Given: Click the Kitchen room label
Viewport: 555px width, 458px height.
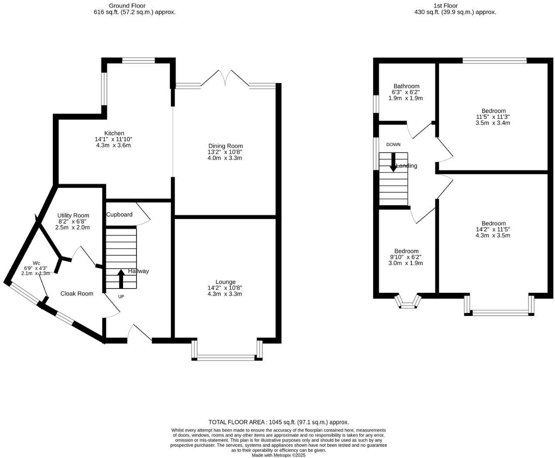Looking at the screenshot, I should coord(114,133).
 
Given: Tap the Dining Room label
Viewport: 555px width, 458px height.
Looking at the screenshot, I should coord(225,146).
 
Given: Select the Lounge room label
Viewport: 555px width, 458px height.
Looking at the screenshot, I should coord(225,282).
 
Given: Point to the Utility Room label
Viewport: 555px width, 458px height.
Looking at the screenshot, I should coord(73,215).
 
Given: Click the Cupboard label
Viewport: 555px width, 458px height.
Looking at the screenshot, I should coord(119,215).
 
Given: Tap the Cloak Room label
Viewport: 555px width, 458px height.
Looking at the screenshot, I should coord(77,294).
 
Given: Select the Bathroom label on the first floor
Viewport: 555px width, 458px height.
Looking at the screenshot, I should coord(406,87).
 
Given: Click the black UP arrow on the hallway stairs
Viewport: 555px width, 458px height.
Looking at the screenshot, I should coord(121,279).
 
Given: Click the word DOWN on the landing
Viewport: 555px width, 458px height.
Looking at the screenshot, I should coord(393,145).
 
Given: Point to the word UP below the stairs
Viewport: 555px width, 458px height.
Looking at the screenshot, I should coord(121,297).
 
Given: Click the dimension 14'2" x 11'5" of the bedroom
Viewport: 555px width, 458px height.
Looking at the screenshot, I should coord(493,229).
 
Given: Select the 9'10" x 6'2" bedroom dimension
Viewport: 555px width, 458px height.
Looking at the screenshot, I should coord(406,257).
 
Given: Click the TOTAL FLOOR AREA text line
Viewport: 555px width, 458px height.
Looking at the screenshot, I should coord(278,422).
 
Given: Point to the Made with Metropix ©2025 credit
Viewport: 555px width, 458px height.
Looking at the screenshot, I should coord(278,455).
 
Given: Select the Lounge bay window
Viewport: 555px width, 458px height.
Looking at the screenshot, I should coord(226,358).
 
